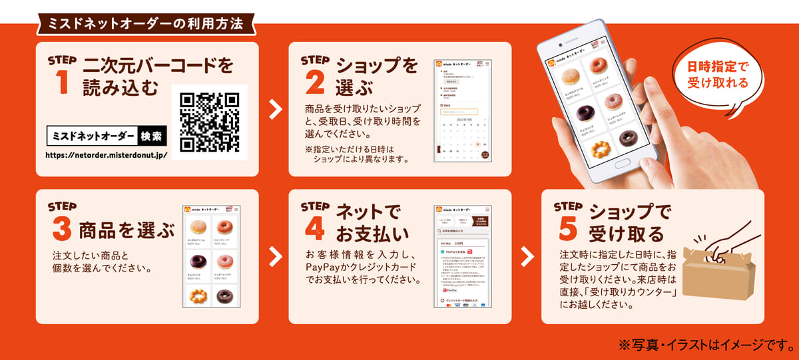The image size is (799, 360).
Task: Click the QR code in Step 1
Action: click(x=210, y=122)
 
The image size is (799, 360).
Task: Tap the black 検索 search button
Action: click(x=150, y=137)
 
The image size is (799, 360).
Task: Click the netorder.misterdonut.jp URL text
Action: click(x=106, y=155)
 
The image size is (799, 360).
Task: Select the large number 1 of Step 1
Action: click(x=63, y=83)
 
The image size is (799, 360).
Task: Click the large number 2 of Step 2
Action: click(x=315, y=83)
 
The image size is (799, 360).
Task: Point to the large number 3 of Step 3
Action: click(x=62, y=230)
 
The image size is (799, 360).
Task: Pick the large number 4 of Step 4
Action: click(x=315, y=228)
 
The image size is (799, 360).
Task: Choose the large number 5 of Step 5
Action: click(x=568, y=228)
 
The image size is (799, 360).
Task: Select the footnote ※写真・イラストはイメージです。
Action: click(x=703, y=345)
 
